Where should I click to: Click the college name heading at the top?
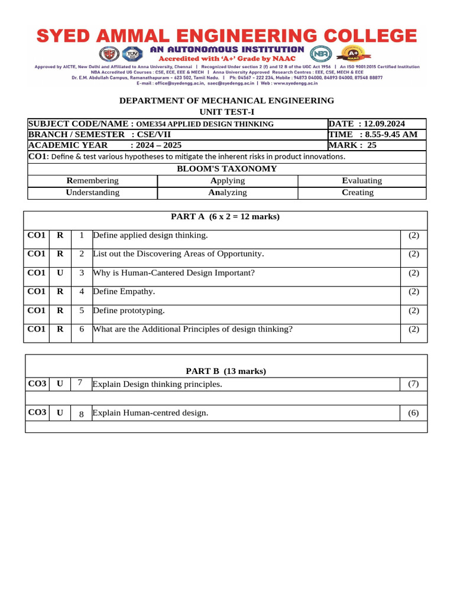(x=227, y=37)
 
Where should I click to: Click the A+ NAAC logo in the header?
(x=349, y=54)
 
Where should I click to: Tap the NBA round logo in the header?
(x=322, y=54)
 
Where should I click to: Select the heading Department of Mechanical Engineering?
(x=227, y=101)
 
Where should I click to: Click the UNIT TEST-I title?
(x=227, y=112)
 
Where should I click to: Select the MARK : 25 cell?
(x=352, y=145)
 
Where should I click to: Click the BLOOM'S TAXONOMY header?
(x=227, y=168)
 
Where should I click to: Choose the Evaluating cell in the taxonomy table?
(x=362, y=181)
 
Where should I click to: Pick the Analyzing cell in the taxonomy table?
(x=227, y=193)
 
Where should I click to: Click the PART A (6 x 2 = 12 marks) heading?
(x=225, y=217)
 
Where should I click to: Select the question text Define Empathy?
(x=125, y=292)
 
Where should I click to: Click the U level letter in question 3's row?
(x=60, y=273)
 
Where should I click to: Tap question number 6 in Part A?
(x=82, y=330)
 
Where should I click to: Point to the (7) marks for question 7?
(x=413, y=384)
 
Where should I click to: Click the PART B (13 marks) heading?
(x=226, y=371)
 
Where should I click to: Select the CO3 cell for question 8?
(x=37, y=412)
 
